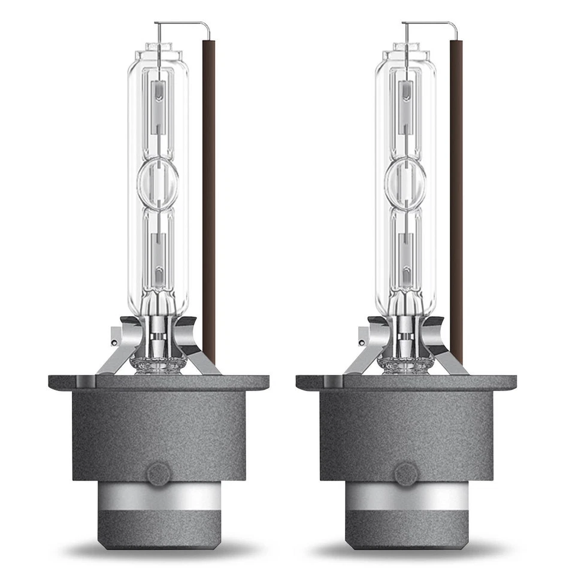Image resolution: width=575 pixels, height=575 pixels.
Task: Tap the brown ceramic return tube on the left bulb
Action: click(x=208, y=198)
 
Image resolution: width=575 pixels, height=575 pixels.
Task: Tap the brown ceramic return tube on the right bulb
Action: click(x=456, y=198)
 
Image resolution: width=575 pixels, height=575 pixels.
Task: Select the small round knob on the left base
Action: click(x=159, y=474)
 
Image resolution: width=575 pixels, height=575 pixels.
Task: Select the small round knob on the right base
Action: click(x=406, y=474)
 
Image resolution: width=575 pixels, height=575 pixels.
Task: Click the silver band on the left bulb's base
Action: click(x=159, y=496)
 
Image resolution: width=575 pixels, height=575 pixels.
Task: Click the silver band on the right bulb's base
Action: click(x=406, y=496)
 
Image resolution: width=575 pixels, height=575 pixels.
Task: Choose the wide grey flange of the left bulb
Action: click(x=159, y=382)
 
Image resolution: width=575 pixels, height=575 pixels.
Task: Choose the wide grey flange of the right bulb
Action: click(x=406, y=382)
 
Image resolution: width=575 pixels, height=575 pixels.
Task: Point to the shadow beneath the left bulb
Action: click(x=159, y=548)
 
